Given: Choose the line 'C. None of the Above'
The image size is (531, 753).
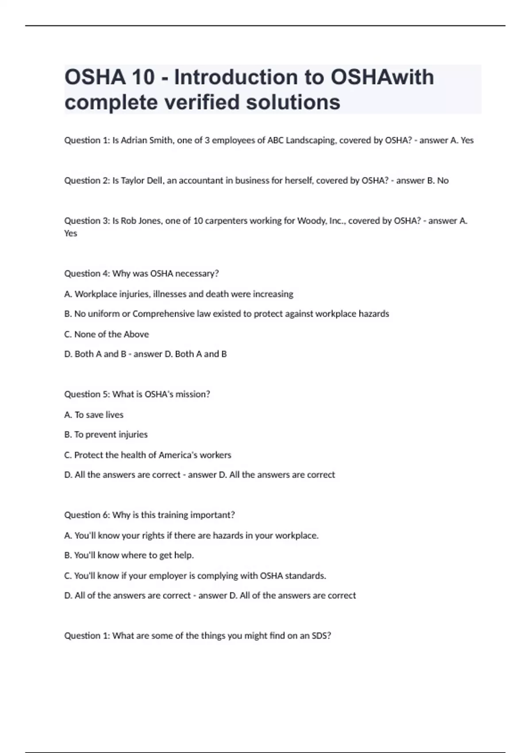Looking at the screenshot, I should [x=107, y=334].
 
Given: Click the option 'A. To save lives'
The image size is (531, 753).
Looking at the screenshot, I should [x=94, y=415].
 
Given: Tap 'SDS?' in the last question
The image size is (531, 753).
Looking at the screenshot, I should [x=321, y=636].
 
